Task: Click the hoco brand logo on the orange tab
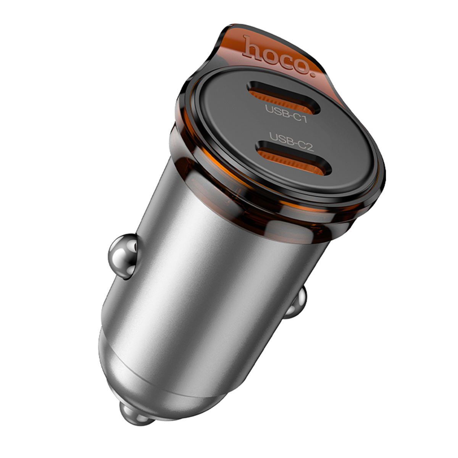(x=280, y=56)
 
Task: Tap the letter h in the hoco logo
(x=252, y=47)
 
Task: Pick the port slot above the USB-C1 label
(x=283, y=97)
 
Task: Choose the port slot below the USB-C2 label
(x=294, y=158)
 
